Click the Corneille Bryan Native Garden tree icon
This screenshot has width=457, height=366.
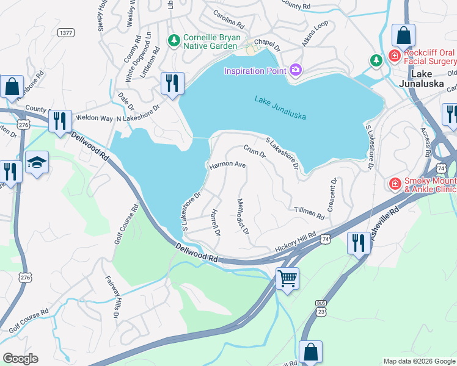pyautogui.click(x=174, y=40)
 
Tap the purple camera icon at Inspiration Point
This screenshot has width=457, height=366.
pyautogui.click(x=296, y=70)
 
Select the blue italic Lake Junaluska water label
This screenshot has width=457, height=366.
pyautogui.click(x=280, y=107)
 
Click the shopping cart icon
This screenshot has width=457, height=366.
pyautogui.click(x=287, y=279)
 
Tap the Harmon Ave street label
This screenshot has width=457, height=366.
pyautogui.click(x=227, y=165)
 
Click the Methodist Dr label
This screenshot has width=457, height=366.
pyautogui.click(x=243, y=216)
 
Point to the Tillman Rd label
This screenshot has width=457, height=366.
pyautogui.click(x=309, y=212)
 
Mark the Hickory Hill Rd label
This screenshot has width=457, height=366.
pyautogui.click(x=295, y=240)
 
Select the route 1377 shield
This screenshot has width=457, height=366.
pyautogui.click(x=66, y=31)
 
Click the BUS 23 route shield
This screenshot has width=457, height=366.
pyautogui.click(x=321, y=306)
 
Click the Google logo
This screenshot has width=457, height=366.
pyautogui.click(x=20, y=359)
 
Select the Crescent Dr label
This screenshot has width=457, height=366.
pyautogui.click(x=332, y=195)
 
